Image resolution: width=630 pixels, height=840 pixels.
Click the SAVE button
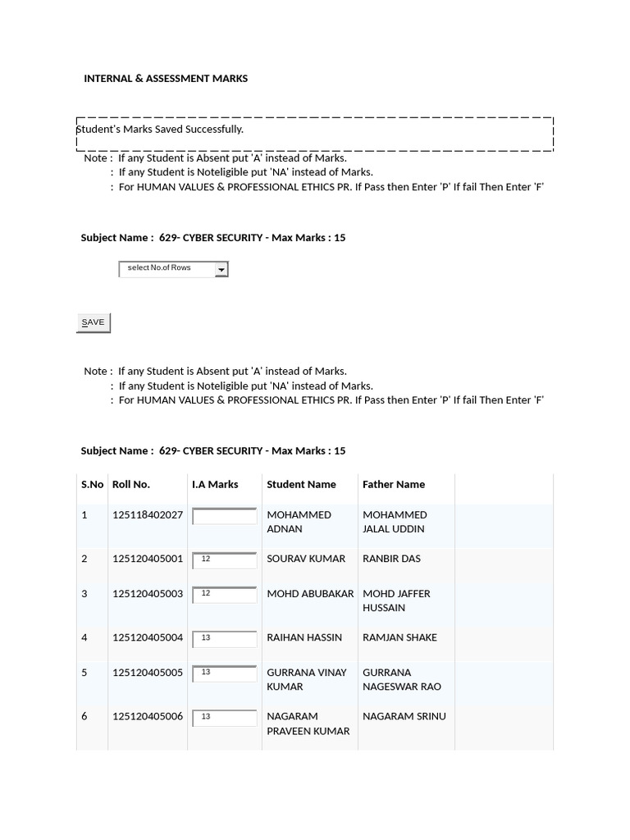[93, 322]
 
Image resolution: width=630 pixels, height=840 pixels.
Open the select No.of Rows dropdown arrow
[221, 269]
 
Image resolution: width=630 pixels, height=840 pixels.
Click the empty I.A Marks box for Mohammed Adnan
[225, 516]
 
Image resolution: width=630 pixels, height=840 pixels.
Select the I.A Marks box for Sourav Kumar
[225, 560]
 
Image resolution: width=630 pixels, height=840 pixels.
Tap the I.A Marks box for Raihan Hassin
[225, 639]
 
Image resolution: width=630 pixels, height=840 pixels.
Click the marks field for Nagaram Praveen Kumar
[225, 718]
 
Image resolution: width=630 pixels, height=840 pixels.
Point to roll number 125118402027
[148, 515]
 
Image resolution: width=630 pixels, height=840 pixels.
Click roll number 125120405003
[148, 594]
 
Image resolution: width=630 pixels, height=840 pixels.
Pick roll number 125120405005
[148, 673]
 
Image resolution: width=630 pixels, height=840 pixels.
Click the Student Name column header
[301, 485]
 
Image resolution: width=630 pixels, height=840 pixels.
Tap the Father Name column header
[394, 485]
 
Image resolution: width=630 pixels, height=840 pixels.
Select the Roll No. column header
[131, 485]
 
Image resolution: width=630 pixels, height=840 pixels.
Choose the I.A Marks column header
[215, 485]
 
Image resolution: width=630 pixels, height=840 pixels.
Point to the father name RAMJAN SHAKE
[399, 637]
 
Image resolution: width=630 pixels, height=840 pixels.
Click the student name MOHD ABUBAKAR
[310, 594]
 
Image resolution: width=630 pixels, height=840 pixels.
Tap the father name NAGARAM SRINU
[404, 716]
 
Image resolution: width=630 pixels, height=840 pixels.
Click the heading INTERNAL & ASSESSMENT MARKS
[166, 79]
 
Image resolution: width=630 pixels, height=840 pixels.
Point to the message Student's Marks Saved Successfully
[160, 130]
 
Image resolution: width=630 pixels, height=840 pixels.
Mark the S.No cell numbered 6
[84, 716]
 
